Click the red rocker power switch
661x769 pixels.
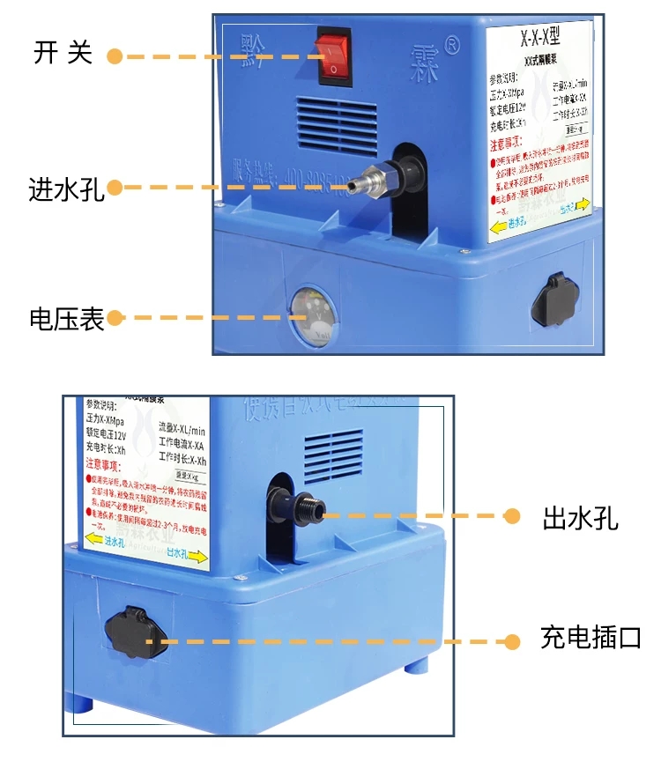(334, 55)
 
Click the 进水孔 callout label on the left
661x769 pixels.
(67, 189)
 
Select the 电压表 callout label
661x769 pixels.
(67, 318)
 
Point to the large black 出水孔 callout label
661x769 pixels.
(580, 518)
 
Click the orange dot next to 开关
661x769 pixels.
(115, 55)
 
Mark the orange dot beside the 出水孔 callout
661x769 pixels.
(511, 517)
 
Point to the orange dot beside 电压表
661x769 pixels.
(115, 318)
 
